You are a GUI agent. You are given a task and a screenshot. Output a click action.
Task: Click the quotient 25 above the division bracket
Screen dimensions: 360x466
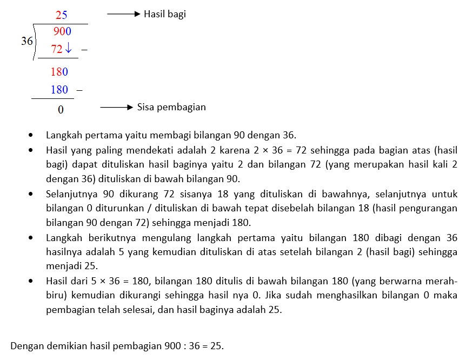[x=61, y=15]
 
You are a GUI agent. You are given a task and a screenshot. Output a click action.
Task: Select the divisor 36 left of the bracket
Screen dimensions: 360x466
[x=27, y=41]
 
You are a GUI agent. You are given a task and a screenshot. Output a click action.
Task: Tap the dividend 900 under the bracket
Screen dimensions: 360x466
[x=62, y=32]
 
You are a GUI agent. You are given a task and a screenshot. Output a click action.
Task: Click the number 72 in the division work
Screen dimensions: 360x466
[x=57, y=50]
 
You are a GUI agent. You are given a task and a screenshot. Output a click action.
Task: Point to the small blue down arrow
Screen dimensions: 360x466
[x=68, y=50]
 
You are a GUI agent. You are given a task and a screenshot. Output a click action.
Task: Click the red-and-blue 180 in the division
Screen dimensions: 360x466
[x=59, y=72]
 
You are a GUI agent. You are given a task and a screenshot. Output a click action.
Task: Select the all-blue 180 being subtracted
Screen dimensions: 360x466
[x=59, y=90]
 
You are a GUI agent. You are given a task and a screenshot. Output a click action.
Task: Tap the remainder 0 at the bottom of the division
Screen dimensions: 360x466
[x=61, y=110]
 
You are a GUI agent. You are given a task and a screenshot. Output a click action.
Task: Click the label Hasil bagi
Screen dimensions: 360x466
[x=164, y=15]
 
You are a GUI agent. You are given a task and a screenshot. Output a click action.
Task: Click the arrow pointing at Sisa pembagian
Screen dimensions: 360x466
[x=116, y=108]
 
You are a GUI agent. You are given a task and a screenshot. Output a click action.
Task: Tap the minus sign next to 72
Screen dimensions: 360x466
[x=84, y=50]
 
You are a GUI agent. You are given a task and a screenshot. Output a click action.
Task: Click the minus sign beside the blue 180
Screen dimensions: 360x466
[x=79, y=90]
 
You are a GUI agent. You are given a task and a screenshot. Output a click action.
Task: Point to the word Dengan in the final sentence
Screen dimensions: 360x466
[x=26, y=346]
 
